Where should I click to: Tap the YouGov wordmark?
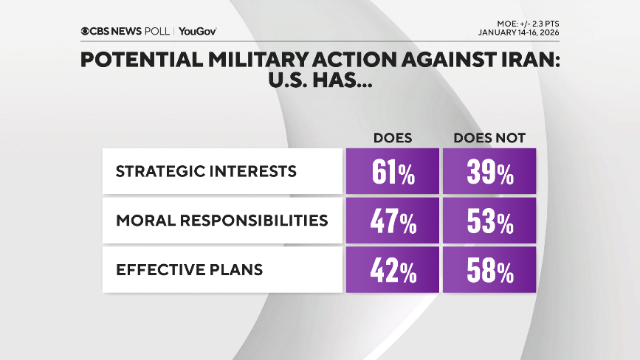(x=197, y=31)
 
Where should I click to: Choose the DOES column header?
(x=393, y=138)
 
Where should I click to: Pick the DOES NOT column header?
(x=488, y=138)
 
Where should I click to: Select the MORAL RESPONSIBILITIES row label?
(x=221, y=221)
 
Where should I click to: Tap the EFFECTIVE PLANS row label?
(x=189, y=270)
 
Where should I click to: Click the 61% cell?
(x=392, y=172)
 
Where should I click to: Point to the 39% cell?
(x=489, y=172)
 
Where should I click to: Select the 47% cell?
(x=392, y=221)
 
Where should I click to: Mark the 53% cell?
(x=489, y=221)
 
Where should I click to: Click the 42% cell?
(x=392, y=271)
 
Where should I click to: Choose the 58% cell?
(x=489, y=271)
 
